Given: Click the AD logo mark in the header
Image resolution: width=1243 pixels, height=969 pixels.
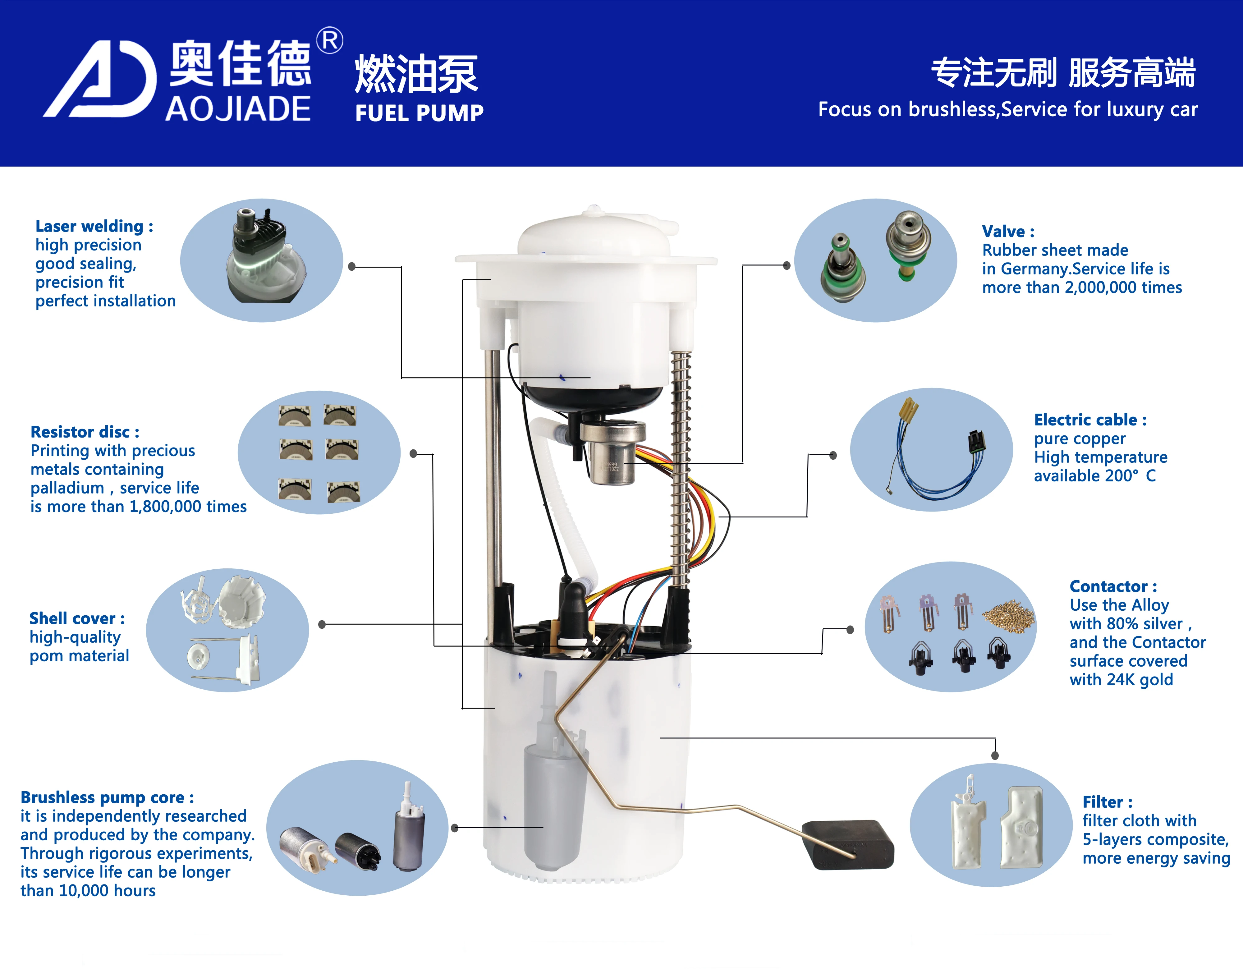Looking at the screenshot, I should [100, 80].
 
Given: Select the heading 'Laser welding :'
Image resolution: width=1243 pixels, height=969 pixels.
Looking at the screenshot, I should [94, 226].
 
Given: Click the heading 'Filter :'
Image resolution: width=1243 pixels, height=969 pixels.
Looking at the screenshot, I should [1107, 802].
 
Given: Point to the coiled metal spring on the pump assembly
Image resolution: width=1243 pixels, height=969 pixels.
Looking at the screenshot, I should [681, 467].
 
